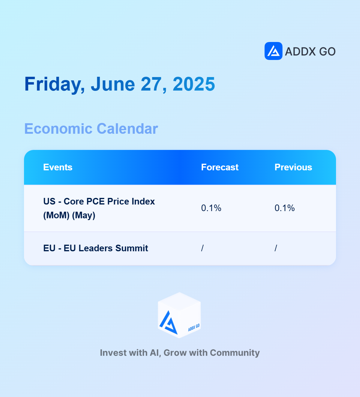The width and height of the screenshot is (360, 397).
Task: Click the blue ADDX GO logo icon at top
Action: coord(274,51)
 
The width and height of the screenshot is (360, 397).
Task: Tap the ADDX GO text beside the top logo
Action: coord(310,52)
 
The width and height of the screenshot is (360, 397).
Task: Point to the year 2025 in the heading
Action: coord(194,84)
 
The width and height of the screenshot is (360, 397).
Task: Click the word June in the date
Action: coord(113,84)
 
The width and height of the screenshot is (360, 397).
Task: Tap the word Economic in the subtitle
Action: coord(58,129)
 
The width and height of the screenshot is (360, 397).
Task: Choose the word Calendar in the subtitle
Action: coord(127,129)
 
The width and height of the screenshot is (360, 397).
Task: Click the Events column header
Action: coord(58,167)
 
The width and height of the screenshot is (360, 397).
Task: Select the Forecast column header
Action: coord(220,167)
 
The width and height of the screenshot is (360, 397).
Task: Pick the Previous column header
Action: coord(293,167)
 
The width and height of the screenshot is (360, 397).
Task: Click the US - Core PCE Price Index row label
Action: coord(99,208)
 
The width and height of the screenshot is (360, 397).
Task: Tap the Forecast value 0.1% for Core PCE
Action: coord(211,208)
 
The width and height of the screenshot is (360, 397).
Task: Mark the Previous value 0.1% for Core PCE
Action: coord(285,208)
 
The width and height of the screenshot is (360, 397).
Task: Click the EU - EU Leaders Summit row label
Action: coord(96,248)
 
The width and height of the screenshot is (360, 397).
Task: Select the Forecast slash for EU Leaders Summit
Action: coord(202,248)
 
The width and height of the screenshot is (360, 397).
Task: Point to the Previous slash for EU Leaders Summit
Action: coord(276,248)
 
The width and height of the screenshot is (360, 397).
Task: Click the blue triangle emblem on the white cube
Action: coord(169,323)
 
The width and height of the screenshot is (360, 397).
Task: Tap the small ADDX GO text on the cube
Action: coord(194,328)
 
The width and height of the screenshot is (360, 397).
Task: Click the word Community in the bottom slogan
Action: coord(235,353)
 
